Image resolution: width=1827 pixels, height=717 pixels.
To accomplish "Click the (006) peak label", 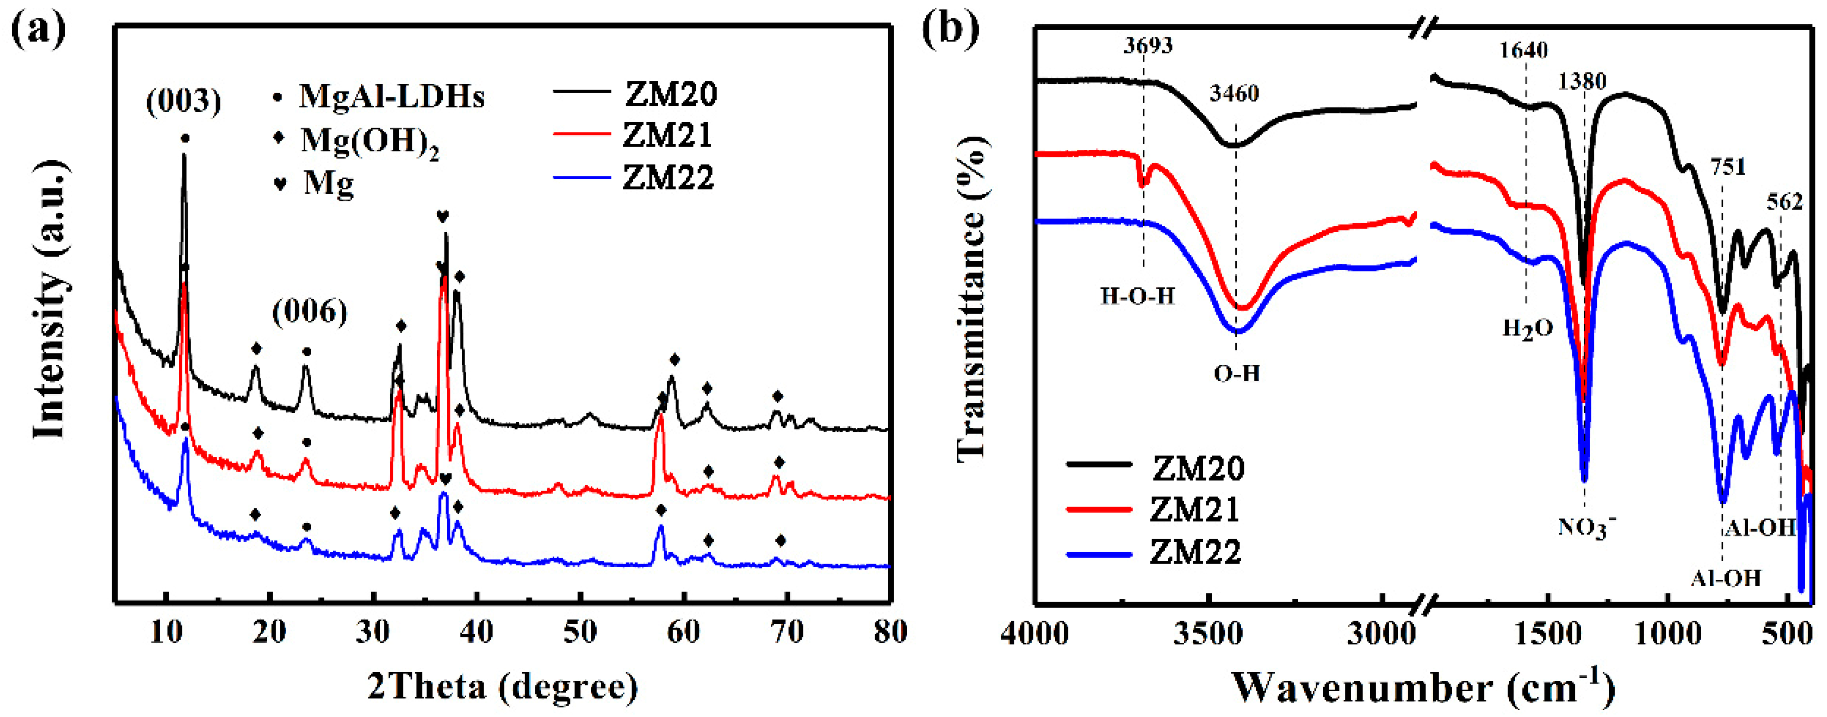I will [x=310, y=312].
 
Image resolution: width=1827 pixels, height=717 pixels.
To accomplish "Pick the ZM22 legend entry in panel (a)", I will [x=667, y=177].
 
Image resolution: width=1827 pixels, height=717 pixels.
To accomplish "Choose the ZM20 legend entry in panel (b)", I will [x=1197, y=468].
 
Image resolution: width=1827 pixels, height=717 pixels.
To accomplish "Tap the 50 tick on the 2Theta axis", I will [x=579, y=631].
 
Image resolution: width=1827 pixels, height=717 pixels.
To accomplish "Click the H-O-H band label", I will [x=1138, y=295].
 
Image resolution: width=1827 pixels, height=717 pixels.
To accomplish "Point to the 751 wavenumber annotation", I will [x=1728, y=167].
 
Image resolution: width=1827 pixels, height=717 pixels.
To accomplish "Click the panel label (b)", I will [x=950, y=30].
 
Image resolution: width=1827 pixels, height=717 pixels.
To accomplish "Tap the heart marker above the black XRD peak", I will [x=443, y=216].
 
